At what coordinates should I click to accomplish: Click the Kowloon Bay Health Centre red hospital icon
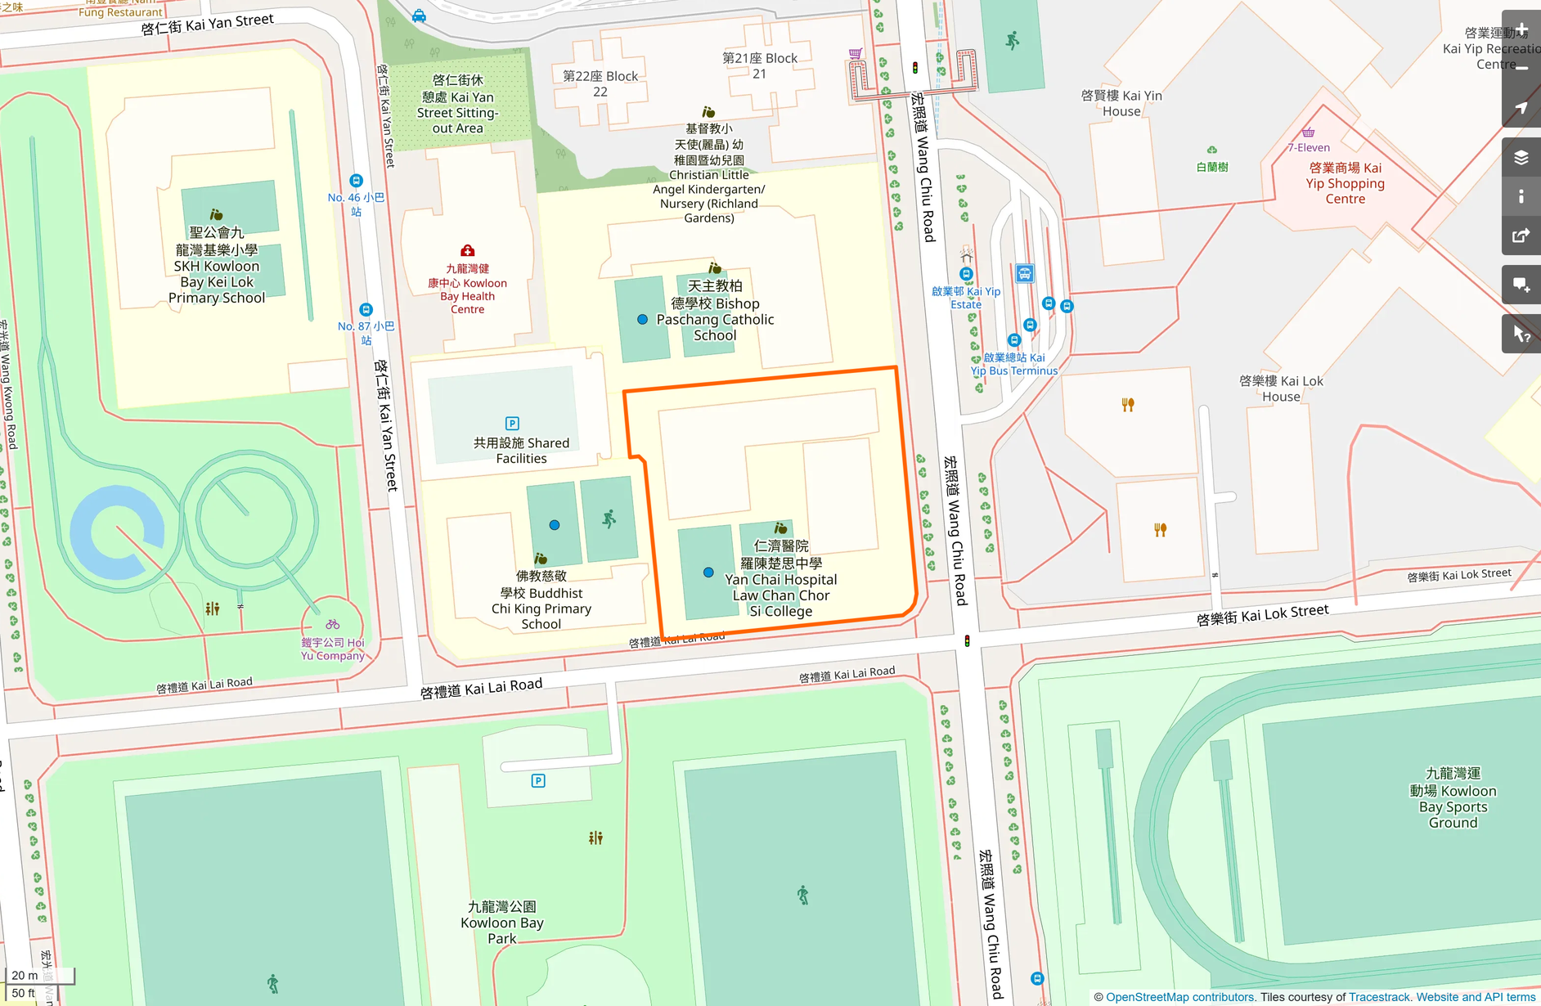pos(467,250)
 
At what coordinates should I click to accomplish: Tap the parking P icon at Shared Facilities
pos(512,423)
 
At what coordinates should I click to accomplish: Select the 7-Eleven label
pos(1308,147)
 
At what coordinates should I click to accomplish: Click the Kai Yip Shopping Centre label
pos(1345,183)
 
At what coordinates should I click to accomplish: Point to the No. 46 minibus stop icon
pos(356,181)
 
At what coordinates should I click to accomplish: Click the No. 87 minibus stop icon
pos(366,310)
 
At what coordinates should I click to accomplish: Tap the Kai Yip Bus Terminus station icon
pos(1024,273)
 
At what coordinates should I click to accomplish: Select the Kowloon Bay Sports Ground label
pos(1453,797)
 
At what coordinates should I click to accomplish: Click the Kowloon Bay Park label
pos(501,922)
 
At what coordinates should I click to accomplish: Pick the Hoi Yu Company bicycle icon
pos(332,624)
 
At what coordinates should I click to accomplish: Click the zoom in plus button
pos(1521,30)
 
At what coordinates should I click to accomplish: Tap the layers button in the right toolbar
pos(1521,157)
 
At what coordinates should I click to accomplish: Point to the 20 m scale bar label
pos(25,975)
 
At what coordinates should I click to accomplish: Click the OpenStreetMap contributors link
pos(1179,997)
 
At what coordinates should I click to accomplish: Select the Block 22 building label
pos(600,83)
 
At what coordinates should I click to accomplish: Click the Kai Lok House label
pos(1280,388)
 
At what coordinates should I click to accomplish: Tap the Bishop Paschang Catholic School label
pos(715,311)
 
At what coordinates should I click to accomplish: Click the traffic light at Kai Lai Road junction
pos(967,641)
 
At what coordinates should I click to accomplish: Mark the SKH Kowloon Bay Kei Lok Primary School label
pos(217,266)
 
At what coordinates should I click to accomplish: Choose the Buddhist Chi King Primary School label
pos(541,600)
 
